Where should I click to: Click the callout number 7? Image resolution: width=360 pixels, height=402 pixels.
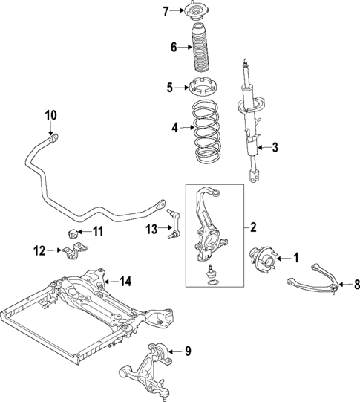click(166, 10)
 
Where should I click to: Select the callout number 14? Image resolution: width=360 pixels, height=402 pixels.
click(125, 281)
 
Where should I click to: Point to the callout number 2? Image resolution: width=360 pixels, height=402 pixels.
click(253, 226)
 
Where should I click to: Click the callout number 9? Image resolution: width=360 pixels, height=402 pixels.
click(188, 350)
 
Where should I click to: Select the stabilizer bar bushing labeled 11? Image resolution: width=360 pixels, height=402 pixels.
click(74, 234)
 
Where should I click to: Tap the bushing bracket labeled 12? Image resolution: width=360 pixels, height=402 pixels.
click(71, 254)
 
